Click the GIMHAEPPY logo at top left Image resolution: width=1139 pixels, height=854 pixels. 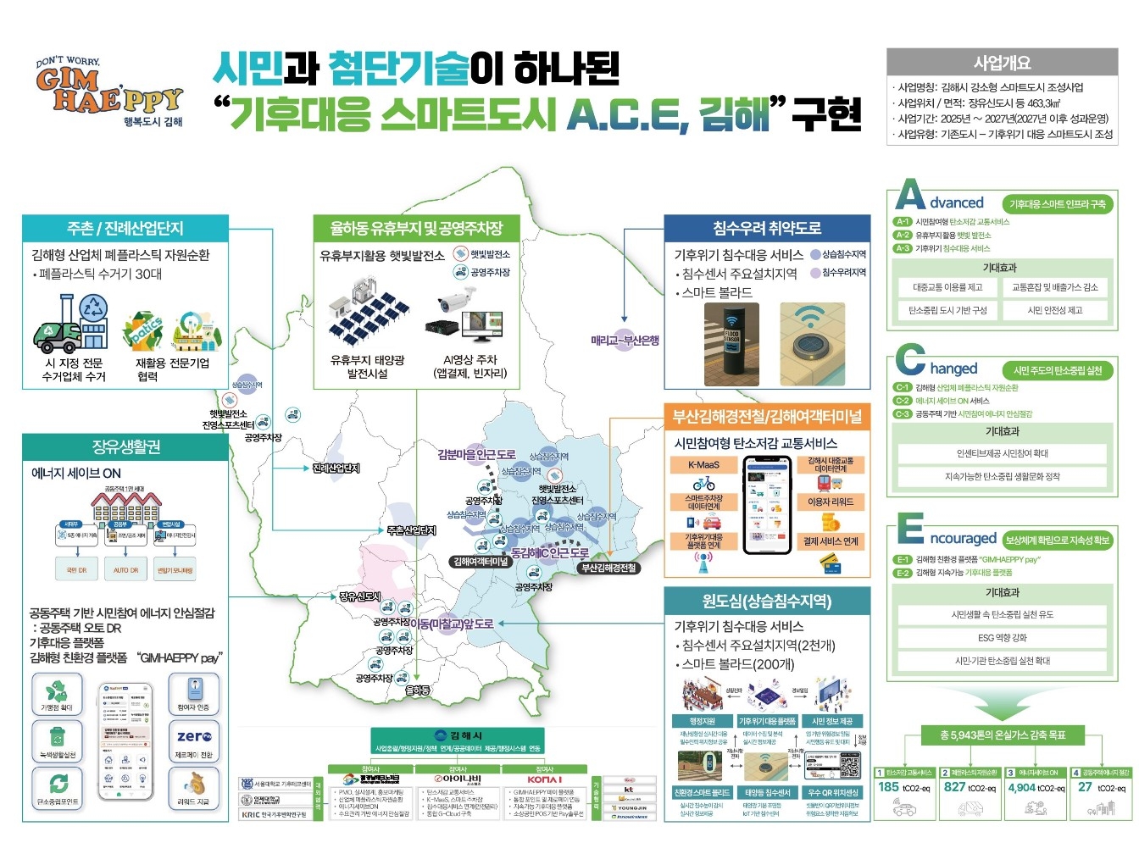(x=108, y=91)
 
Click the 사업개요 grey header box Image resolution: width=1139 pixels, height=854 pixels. (x=1002, y=63)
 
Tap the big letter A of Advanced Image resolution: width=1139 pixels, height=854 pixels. (x=910, y=195)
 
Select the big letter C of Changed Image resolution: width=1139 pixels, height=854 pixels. (x=910, y=361)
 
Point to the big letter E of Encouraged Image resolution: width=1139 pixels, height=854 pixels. (x=910, y=530)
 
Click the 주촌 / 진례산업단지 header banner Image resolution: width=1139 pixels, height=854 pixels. (x=125, y=228)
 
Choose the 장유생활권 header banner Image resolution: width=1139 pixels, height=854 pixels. (x=125, y=446)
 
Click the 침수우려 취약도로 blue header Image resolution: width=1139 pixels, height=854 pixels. (x=766, y=227)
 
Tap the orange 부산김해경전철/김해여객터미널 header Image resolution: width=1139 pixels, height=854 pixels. (x=766, y=416)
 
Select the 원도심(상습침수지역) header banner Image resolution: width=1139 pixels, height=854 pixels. (x=766, y=601)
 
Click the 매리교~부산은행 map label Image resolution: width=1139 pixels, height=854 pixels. (x=625, y=341)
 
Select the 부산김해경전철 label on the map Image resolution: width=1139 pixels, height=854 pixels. (x=608, y=568)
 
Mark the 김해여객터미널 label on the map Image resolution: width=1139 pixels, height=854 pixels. (x=481, y=561)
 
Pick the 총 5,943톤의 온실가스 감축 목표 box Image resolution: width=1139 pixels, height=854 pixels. (x=1003, y=735)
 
